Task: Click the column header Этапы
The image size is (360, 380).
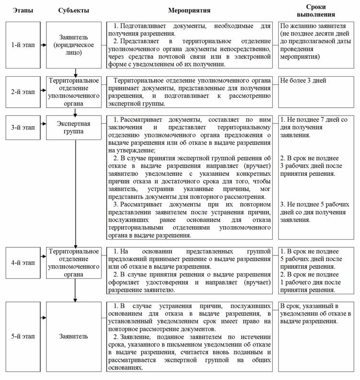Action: pos(22,10)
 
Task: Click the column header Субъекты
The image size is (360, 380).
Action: pos(74,10)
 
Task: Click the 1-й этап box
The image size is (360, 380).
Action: pos(22,45)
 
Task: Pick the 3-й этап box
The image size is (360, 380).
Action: pos(22,128)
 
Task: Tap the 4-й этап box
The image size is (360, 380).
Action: pos(22,263)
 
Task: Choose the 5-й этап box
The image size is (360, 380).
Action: pos(22,336)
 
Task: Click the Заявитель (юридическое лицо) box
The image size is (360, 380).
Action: pos(74,45)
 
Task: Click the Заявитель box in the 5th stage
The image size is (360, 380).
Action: pos(74,336)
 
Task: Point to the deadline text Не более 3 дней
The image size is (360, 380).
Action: pos(304,81)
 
